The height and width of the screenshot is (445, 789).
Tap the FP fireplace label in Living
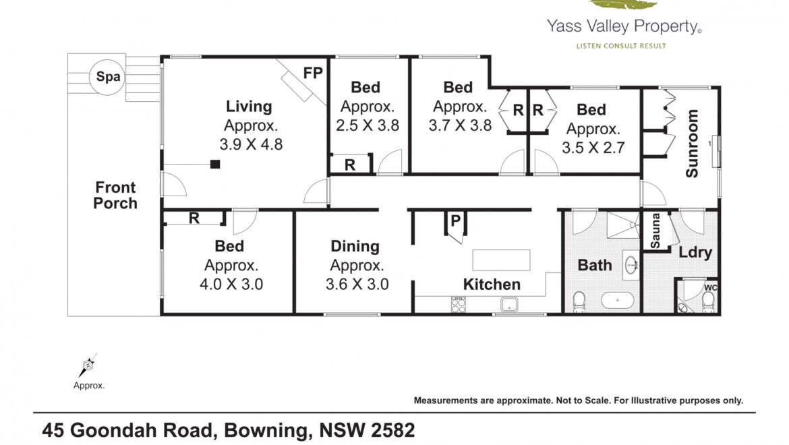pos(312,73)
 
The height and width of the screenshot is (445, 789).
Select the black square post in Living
pos(215,164)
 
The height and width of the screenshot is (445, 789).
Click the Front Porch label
pos(115,195)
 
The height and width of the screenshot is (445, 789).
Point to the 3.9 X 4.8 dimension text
pos(251,144)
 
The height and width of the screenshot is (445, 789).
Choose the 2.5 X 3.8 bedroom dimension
pos(368,125)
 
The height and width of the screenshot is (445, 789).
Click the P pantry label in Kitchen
pos(455,220)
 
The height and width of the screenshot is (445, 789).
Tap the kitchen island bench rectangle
pos(501,260)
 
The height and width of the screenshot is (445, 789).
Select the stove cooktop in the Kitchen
pos(459,305)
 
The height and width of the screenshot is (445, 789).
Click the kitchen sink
pos(509,305)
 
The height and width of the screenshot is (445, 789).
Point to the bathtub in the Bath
pos(618,301)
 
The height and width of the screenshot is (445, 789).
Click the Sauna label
pos(655,231)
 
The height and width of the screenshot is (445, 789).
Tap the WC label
pos(711,288)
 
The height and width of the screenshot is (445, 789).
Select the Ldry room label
pos(695,252)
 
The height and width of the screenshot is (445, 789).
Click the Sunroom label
pos(693,144)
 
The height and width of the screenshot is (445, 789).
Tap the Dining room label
pos(355,246)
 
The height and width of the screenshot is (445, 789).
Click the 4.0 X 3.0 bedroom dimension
pos(231,284)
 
